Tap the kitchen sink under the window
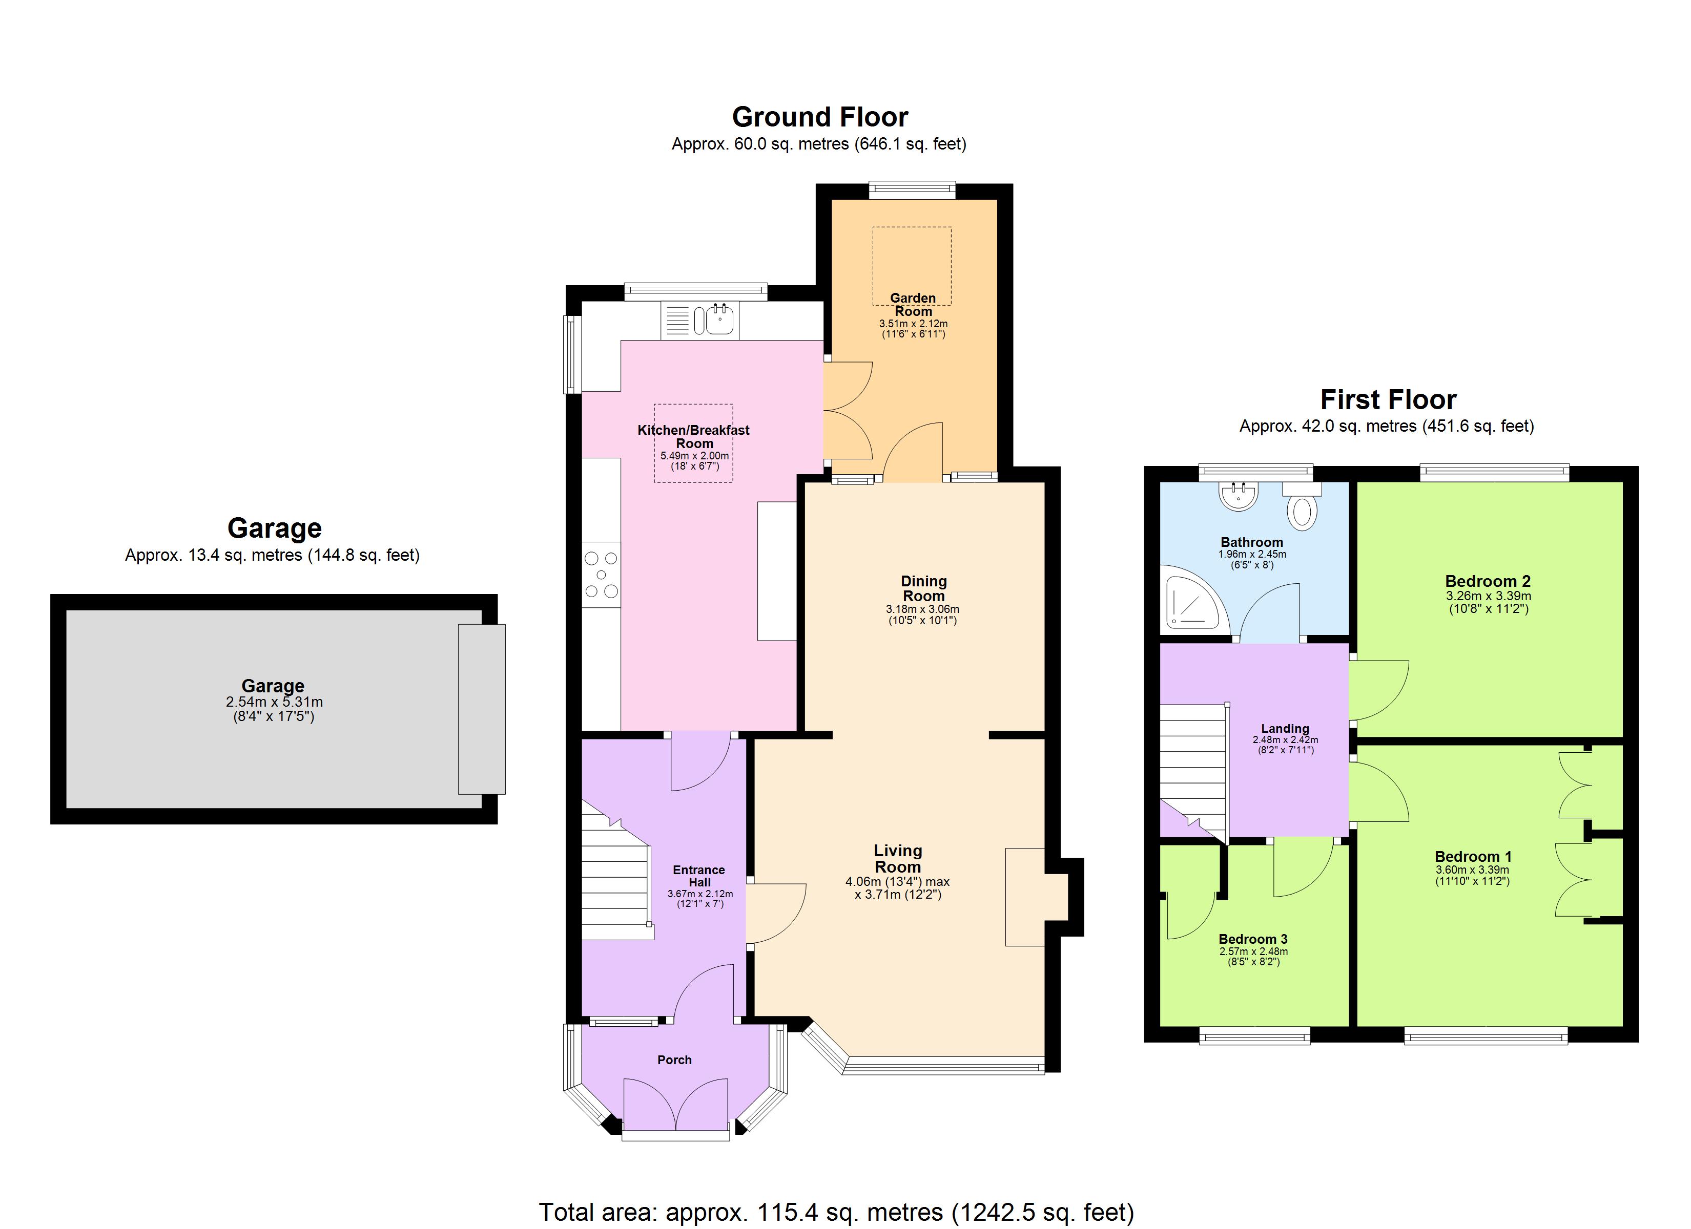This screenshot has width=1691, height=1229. pos(715,321)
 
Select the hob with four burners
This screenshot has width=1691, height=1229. pos(601,574)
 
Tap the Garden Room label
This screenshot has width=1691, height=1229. pos(913,305)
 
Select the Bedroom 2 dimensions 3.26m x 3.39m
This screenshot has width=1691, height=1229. pos(1488,596)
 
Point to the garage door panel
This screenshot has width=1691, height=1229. pos(482,709)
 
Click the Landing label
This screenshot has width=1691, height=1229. pos(1285,729)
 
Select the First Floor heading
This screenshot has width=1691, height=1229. pos(1388,400)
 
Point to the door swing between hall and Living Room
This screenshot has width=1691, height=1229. pos(775,913)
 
